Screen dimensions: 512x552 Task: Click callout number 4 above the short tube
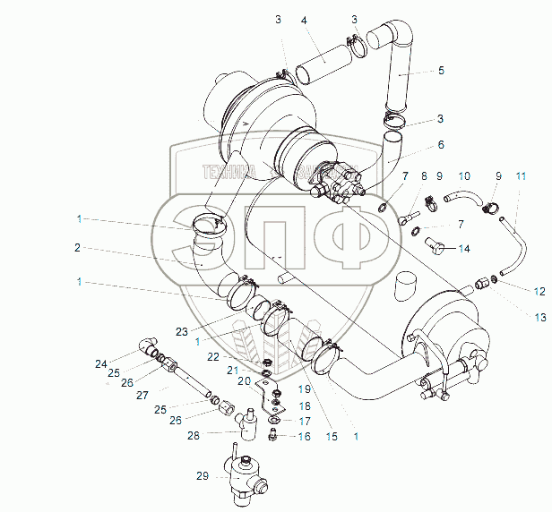[305, 20]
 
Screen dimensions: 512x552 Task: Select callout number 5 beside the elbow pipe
[441, 69]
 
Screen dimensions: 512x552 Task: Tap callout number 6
[441, 144]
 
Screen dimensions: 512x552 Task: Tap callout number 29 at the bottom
[203, 476]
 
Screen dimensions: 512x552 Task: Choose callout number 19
[305, 389]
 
